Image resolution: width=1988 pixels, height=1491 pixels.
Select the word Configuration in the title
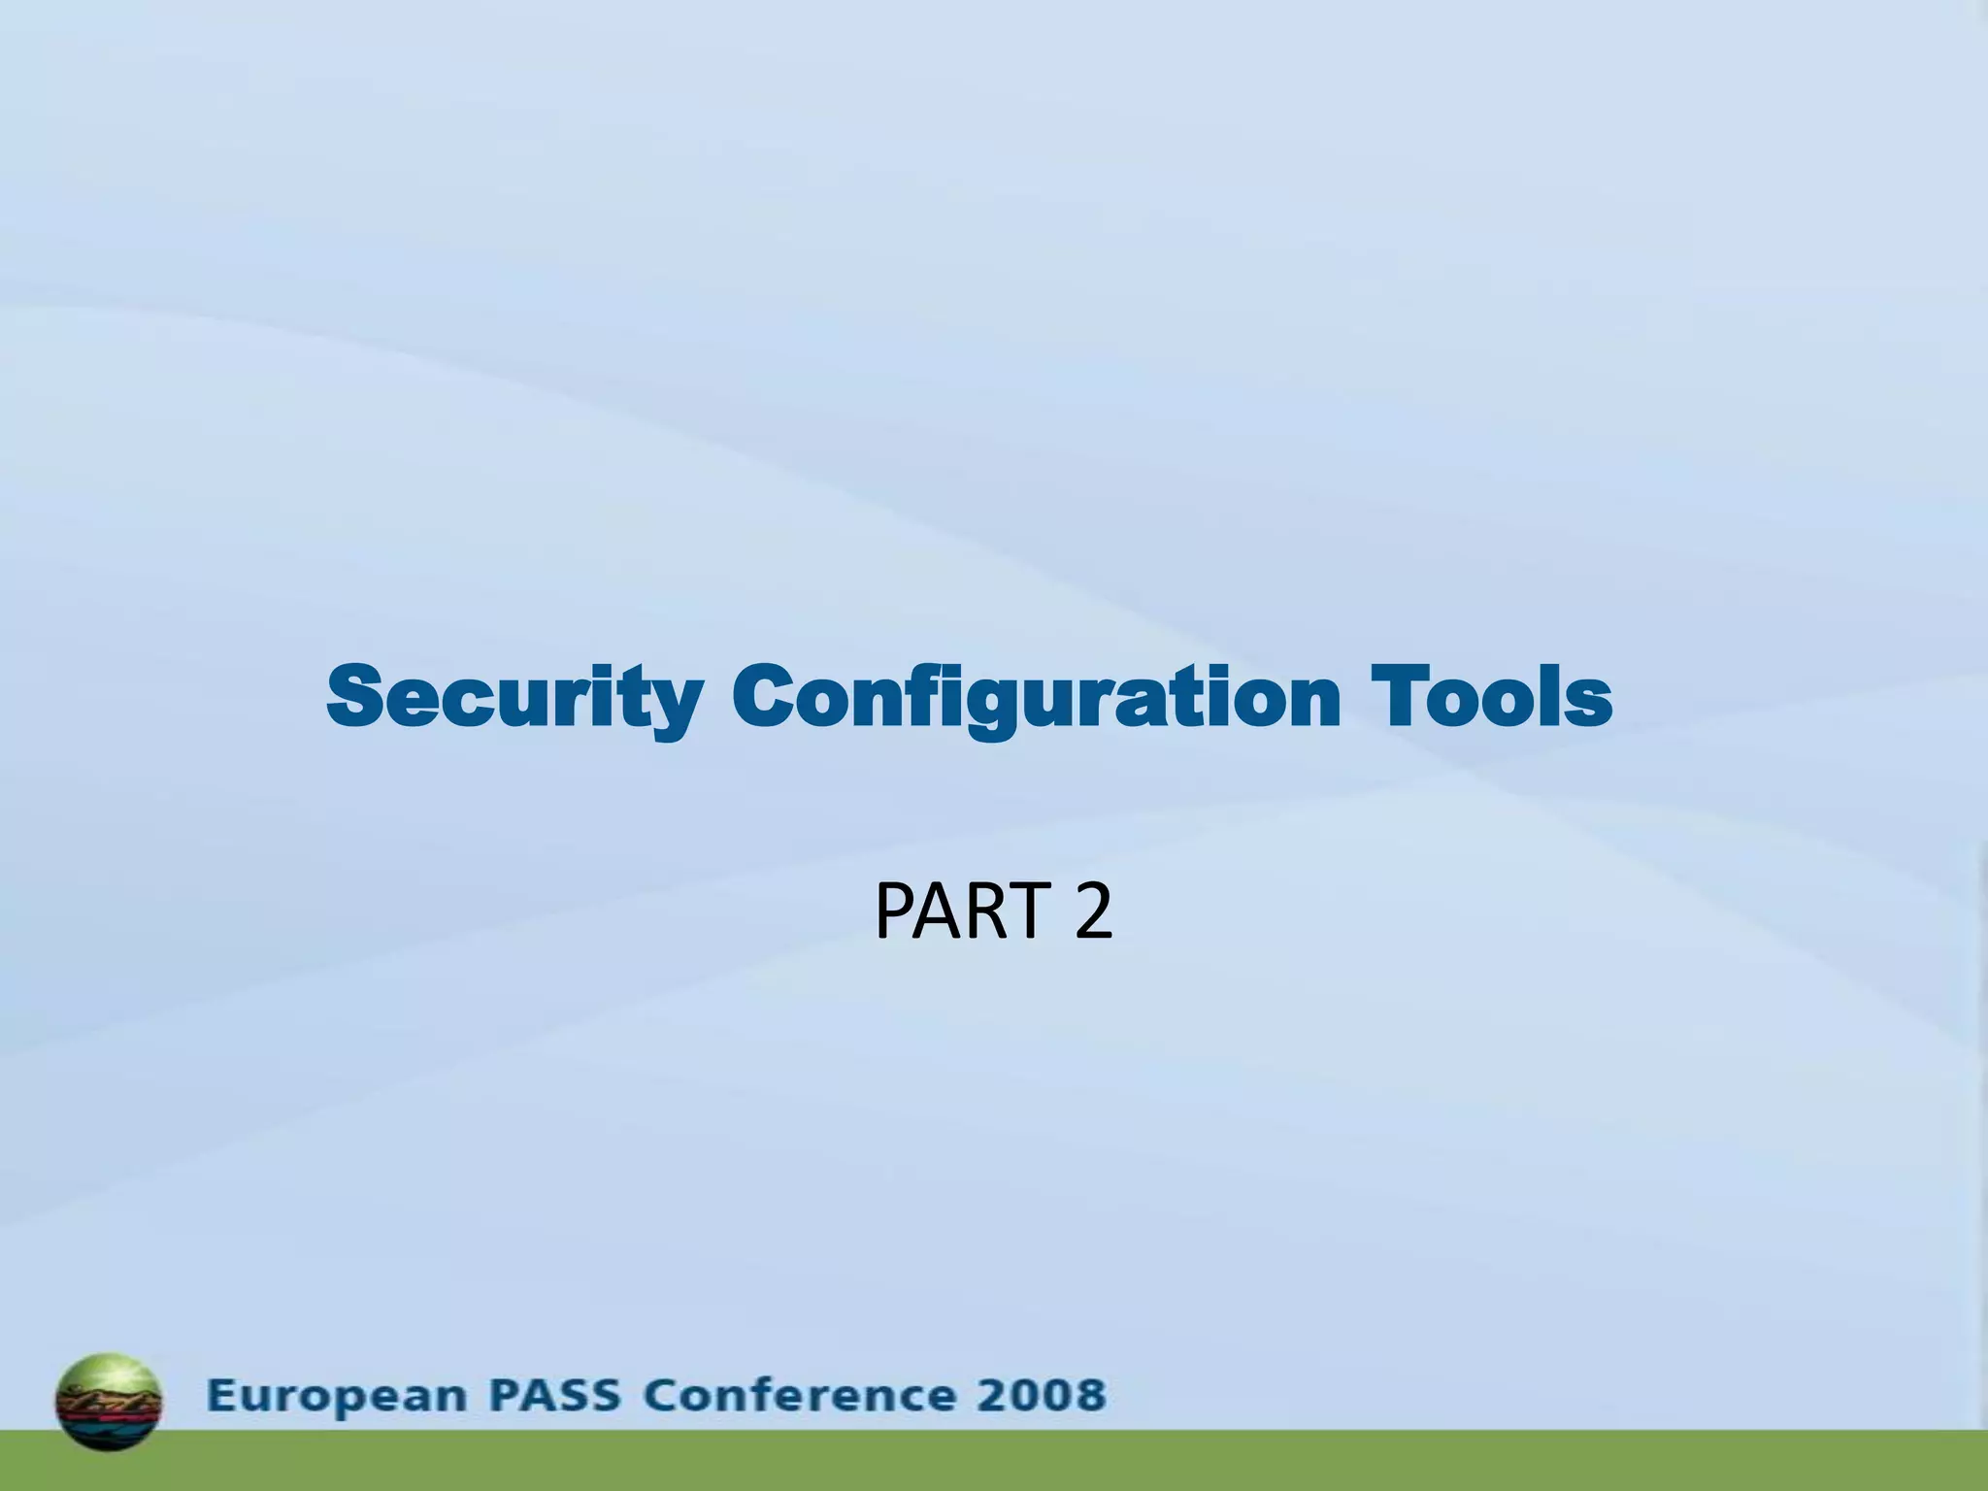(x=1036, y=697)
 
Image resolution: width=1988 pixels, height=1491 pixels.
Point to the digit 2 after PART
(x=1093, y=911)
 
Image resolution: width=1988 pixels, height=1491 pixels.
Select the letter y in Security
(x=674, y=704)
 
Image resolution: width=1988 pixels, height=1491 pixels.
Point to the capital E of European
(x=220, y=1396)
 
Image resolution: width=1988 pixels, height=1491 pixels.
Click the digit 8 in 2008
(x=1089, y=1396)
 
